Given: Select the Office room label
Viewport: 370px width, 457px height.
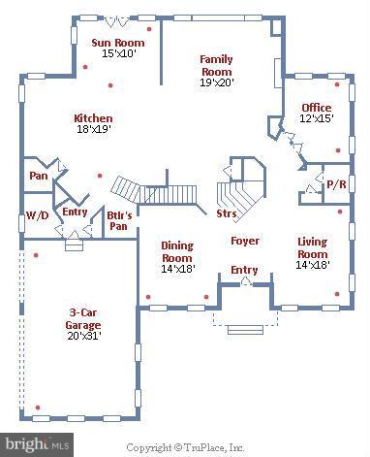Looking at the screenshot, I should (x=316, y=108).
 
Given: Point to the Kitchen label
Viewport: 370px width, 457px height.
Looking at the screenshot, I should (x=93, y=118).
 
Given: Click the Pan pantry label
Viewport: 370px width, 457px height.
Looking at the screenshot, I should (x=38, y=177).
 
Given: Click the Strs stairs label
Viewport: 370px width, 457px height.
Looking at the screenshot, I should (x=227, y=212).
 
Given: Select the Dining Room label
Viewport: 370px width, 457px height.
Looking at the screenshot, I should (x=177, y=251).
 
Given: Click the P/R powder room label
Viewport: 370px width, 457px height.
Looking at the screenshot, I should (x=335, y=182).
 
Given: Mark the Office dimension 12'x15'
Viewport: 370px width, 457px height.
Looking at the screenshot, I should (x=316, y=119).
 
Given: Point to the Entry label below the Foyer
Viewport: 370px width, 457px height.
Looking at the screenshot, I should (x=243, y=270).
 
